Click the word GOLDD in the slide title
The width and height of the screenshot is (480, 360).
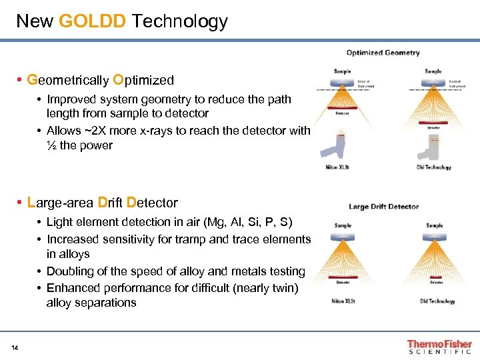(x=92, y=21)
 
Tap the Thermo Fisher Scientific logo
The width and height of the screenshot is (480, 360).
(x=439, y=347)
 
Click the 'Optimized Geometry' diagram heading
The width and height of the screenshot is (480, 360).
(x=383, y=53)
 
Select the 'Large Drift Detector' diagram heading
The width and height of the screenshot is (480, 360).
(x=384, y=207)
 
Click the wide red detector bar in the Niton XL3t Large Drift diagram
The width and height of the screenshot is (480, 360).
(x=343, y=275)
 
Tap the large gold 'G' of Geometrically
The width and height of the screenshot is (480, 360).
(x=31, y=80)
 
